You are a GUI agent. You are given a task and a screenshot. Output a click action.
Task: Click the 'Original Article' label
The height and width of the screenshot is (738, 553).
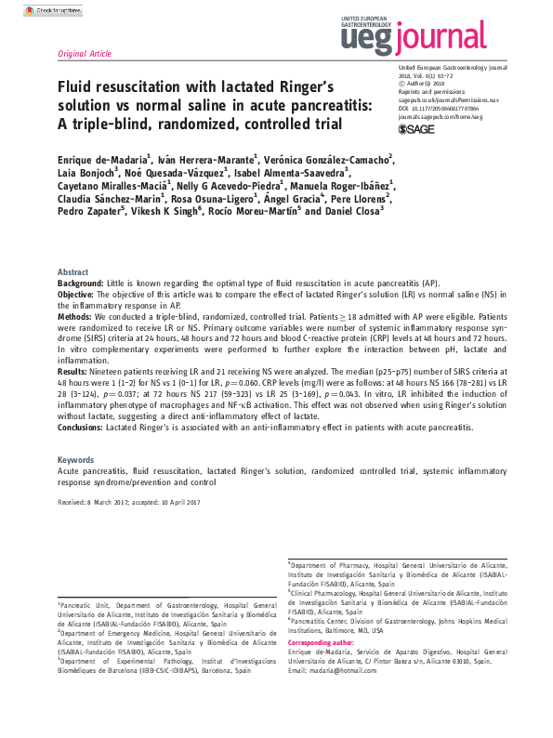point(85,54)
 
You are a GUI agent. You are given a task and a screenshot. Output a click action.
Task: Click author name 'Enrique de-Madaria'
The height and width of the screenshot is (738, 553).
point(101,160)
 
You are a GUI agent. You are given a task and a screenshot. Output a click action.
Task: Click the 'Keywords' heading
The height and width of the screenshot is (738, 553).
point(76,459)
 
